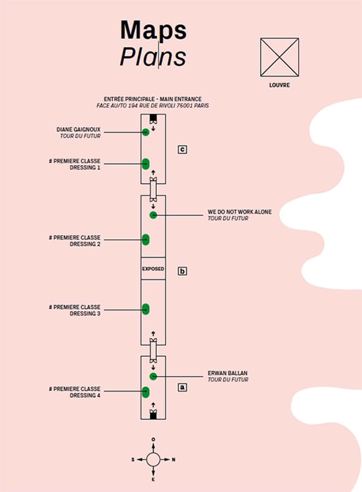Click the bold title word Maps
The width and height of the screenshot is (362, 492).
point(153,30)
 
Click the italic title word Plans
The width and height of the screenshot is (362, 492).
point(153,57)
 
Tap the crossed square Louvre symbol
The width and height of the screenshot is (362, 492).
point(279,57)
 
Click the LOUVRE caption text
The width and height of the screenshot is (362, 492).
point(279,85)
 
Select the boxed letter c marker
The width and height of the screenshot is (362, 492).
point(182,149)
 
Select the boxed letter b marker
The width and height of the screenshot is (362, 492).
point(182,271)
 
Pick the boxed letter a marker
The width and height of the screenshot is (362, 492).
point(182,387)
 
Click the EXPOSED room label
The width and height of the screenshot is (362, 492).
point(153,269)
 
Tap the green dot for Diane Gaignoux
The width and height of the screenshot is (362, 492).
point(145,132)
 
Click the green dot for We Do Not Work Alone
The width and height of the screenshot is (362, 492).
point(153,215)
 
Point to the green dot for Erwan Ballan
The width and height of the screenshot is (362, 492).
point(153,376)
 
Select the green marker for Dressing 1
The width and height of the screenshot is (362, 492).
point(145,164)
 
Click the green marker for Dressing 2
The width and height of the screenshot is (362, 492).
point(145,239)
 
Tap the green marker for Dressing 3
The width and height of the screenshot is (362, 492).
point(145,309)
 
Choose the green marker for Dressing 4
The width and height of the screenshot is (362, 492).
point(145,392)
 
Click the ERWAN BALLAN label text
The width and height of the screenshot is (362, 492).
point(227,373)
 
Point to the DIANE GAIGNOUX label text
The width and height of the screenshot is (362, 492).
point(78,129)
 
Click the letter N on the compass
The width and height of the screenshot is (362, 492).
point(174,459)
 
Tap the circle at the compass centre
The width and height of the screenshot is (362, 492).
point(153,459)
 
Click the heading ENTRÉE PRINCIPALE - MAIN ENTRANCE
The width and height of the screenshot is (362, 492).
point(152,99)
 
